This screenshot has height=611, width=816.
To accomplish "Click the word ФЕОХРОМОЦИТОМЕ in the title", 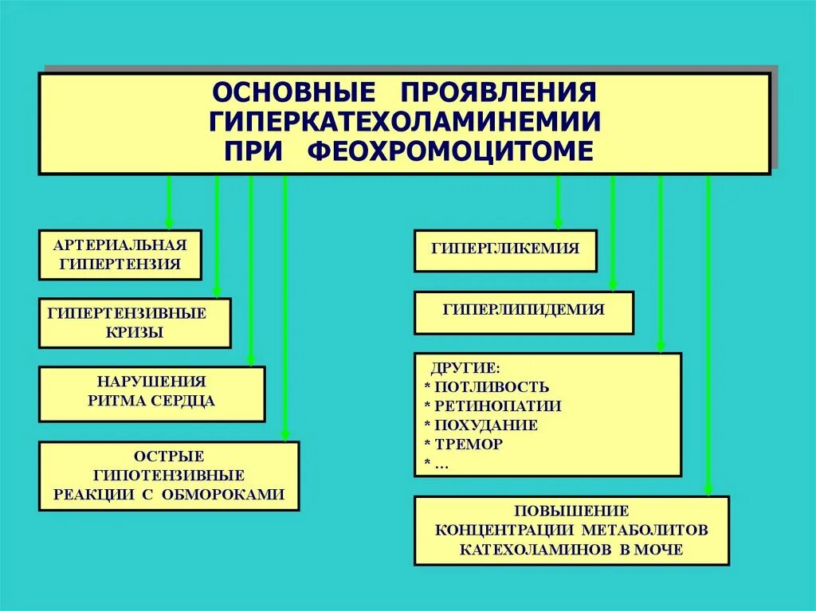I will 450,151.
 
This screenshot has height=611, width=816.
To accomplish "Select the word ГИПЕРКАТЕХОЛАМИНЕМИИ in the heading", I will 405,122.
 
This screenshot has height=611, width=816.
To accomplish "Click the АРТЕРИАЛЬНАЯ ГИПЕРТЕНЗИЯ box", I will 120,255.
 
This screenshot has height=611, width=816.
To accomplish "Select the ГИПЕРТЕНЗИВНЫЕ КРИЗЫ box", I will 135,323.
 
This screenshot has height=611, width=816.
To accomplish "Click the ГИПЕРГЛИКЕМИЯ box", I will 505,249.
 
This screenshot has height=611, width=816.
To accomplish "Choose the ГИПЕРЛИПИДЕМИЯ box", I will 524,311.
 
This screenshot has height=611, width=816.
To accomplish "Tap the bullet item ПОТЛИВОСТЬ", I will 492,387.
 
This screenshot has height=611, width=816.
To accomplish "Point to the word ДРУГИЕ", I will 466,369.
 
